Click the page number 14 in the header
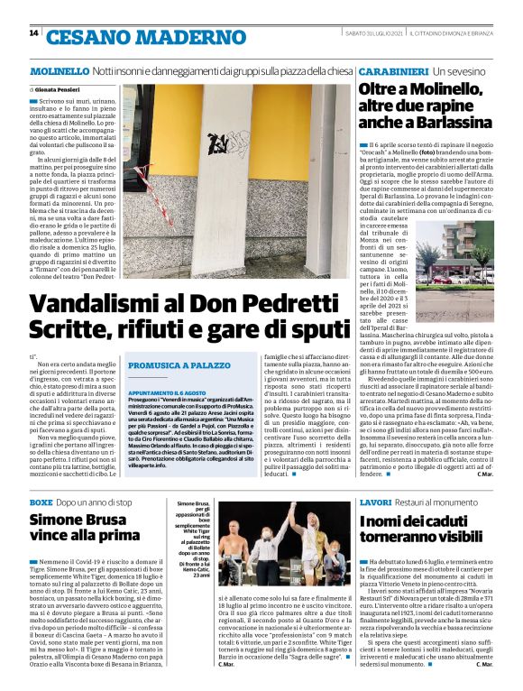(33, 34)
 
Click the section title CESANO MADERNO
(123, 37)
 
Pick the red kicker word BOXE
(41, 501)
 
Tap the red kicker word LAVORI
(375, 501)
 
